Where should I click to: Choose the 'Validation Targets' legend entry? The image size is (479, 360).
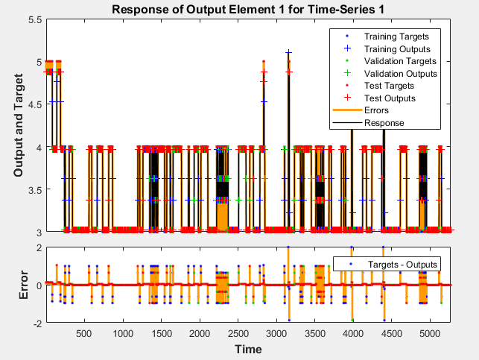click(401, 60)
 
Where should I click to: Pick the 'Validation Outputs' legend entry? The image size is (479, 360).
click(401, 73)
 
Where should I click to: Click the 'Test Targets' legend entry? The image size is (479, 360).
click(390, 86)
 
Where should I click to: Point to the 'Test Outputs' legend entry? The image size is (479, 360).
click(390, 98)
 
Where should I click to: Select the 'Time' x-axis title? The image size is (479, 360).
click(248, 349)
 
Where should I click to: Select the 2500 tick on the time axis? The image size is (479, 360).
click(238, 333)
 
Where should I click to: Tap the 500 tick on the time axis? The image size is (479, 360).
click(83, 333)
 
